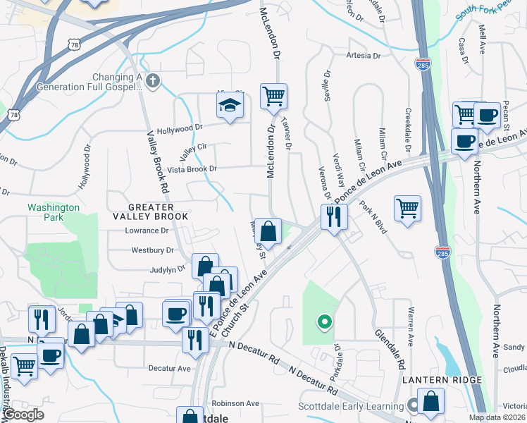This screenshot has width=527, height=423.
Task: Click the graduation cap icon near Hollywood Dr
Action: (x=228, y=106)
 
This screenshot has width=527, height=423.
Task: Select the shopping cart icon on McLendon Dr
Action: (x=273, y=95)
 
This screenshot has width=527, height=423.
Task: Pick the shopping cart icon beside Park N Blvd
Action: (x=407, y=208)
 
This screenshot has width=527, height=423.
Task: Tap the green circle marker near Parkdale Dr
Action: (x=324, y=322)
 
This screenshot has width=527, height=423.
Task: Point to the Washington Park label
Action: (x=54, y=212)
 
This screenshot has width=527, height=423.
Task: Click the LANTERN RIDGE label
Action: (x=442, y=380)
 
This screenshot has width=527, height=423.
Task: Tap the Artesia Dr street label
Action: (x=363, y=55)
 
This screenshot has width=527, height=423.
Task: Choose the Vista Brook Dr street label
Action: (x=192, y=169)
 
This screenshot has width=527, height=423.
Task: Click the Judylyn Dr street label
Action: (x=167, y=269)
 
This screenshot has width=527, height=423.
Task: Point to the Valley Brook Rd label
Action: (x=158, y=162)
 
